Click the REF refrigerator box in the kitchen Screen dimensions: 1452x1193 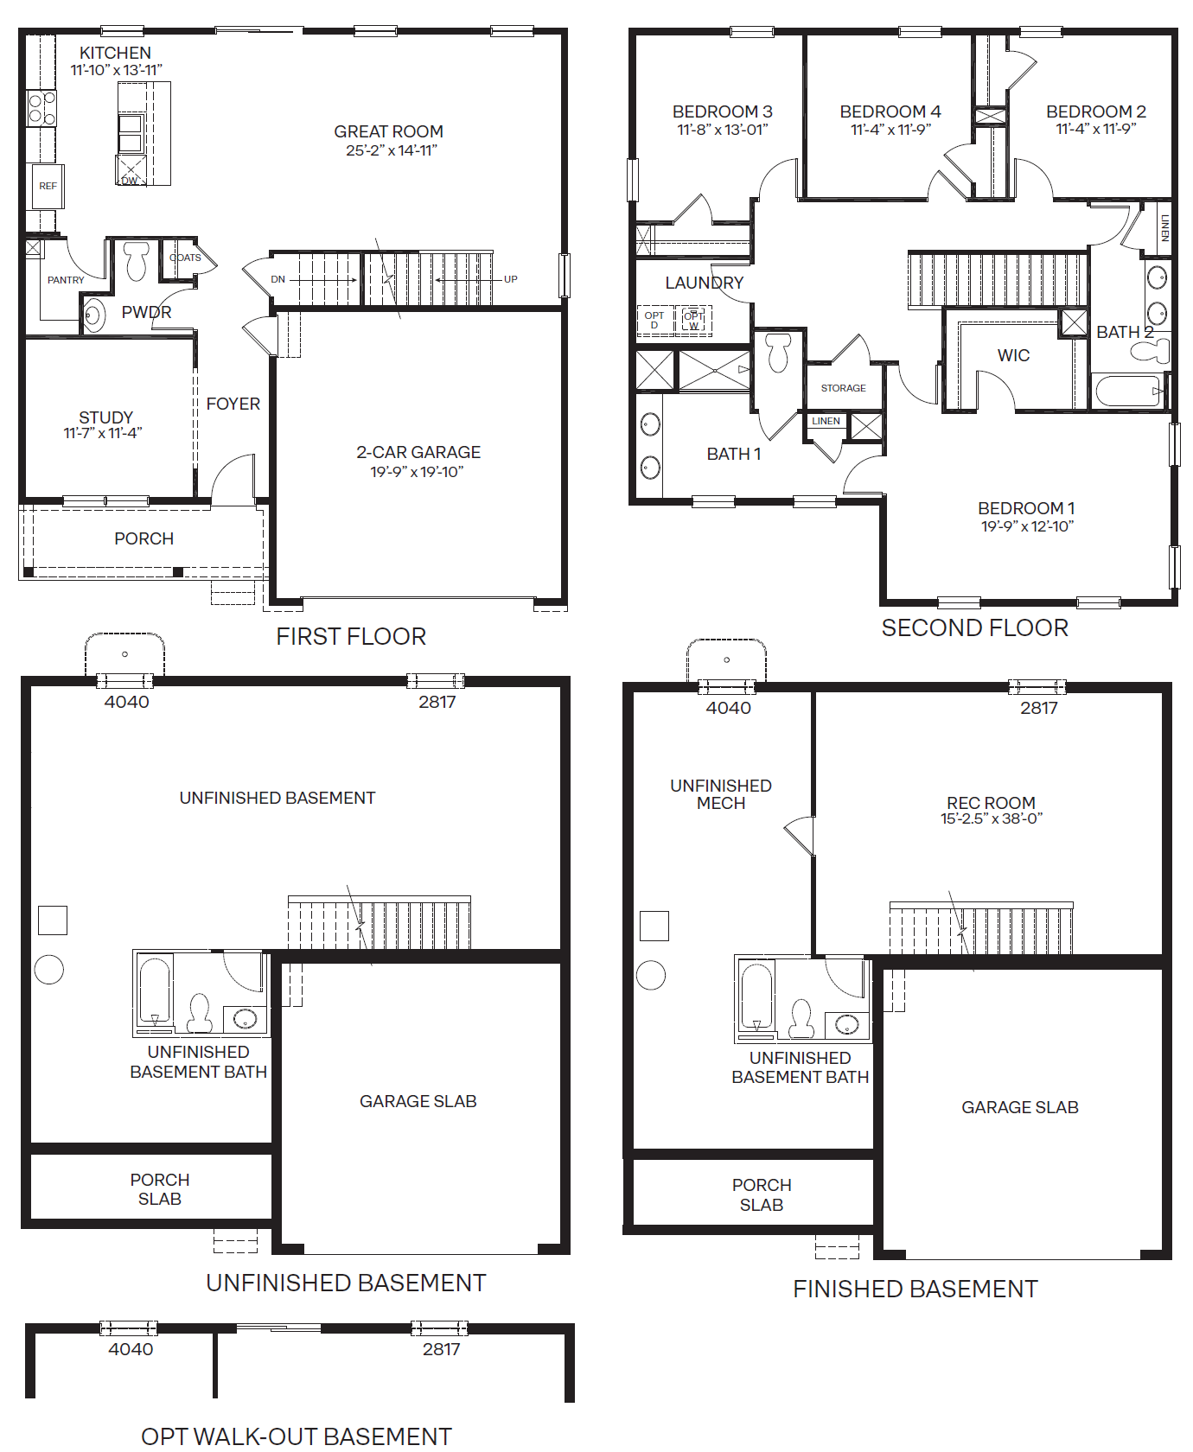[x=48, y=186]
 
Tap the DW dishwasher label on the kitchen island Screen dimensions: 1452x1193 [x=130, y=181]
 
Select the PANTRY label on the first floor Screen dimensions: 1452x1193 [x=66, y=280]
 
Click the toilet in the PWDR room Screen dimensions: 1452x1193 [x=137, y=261]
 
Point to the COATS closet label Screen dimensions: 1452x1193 [x=185, y=258]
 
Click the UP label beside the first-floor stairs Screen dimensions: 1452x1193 [x=511, y=279]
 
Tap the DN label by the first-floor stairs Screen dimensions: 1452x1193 [x=278, y=279]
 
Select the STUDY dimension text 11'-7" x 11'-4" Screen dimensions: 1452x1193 [x=103, y=434]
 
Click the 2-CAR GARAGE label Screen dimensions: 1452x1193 [x=418, y=452]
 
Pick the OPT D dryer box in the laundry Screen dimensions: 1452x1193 [x=654, y=320]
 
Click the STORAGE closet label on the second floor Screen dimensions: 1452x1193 [x=843, y=388]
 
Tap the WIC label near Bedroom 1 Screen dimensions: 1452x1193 [x=1013, y=355]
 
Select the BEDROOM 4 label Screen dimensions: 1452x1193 [x=890, y=111]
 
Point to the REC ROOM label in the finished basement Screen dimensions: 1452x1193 [x=991, y=803]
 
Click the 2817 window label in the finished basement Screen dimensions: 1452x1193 [x=1038, y=709]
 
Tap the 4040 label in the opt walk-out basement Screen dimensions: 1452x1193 [x=131, y=1349]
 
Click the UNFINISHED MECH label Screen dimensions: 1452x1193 [x=721, y=794]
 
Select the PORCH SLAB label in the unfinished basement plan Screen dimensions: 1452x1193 [x=160, y=1189]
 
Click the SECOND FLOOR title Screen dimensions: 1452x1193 [x=974, y=628]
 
